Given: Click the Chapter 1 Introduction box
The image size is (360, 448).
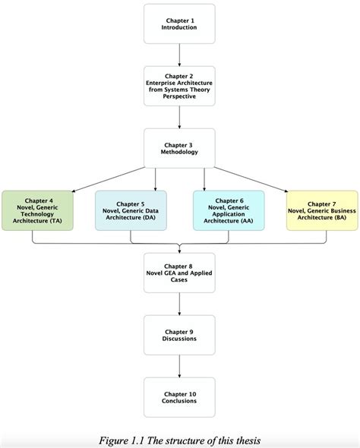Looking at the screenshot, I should pyautogui.click(x=179, y=24).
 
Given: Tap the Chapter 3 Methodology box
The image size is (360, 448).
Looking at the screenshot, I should pyautogui.click(x=179, y=148).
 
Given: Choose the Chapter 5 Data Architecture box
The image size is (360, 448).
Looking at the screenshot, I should pyautogui.click(x=131, y=210).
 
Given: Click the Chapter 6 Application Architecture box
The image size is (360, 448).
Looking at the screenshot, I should pyautogui.click(x=229, y=210).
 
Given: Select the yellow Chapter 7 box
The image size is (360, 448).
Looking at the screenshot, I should pyautogui.click(x=323, y=210).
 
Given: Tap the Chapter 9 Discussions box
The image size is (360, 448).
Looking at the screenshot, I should pyautogui.click(x=179, y=335).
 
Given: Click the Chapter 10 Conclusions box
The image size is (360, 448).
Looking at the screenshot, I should pyautogui.click(x=179, y=397).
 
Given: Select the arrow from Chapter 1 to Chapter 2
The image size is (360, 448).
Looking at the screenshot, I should pyautogui.click(x=179, y=55).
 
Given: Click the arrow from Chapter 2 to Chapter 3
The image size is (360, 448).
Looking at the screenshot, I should pyautogui.click(x=179, y=117).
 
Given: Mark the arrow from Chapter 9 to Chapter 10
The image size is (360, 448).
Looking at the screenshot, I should pyautogui.click(x=179, y=366).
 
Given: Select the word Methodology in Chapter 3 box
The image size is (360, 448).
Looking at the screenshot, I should pyautogui.click(x=179, y=152).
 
